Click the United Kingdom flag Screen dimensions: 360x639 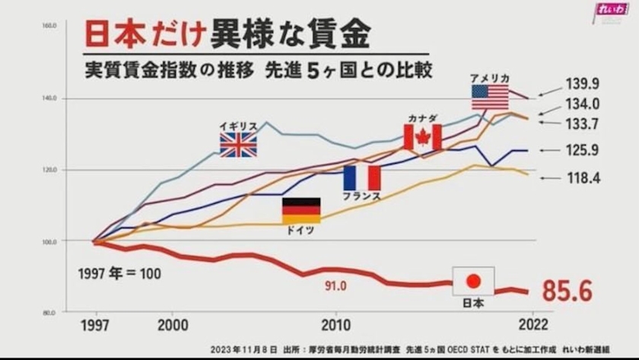[x=238, y=145]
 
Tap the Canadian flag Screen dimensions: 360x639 [x=422, y=138]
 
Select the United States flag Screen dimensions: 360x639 [x=489, y=97]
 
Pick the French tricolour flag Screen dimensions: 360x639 [x=361, y=178]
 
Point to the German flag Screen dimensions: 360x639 [x=301, y=210]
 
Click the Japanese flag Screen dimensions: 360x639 [x=473, y=281]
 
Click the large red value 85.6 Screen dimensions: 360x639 [x=567, y=290]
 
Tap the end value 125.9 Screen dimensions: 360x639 [x=583, y=151]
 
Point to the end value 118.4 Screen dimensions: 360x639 [x=583, y=178]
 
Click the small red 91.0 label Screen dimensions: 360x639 [x=332, y=286]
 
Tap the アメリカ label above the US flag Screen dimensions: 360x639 [x=489, y=78]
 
